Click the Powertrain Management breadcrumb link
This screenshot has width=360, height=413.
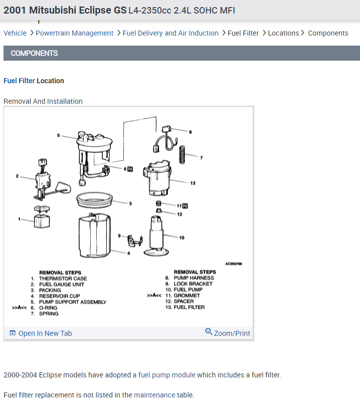click(x=74, y=33)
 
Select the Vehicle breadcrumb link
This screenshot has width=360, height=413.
click(x=15, y=33)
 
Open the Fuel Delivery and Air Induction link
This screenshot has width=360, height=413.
click(x=170, y=33)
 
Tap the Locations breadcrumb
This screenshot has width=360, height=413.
click(x=283, y=33)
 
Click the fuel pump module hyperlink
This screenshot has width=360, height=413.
click(x=167, y=375)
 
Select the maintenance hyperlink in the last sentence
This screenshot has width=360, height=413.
click(x=154, y=395)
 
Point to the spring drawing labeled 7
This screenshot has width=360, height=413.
click(x=182, y=154)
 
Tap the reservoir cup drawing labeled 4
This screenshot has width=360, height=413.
click(x=95, y=235)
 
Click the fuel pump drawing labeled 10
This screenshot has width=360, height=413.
click(x=156, y=236)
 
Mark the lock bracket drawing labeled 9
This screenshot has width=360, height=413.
click(x=135, y=241)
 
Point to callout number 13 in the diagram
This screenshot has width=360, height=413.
click(x=193, y=183)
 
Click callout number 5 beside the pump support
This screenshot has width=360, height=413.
click(x=59, y=135)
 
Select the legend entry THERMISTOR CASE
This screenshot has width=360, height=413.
click(x=63, y=278)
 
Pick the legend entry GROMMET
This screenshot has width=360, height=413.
click(x=187, y=296)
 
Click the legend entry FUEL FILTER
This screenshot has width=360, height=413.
click(x=189, y=307)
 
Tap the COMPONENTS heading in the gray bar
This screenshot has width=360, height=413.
click(x=34, y=54)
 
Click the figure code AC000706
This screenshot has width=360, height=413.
click(x=234, y=264)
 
